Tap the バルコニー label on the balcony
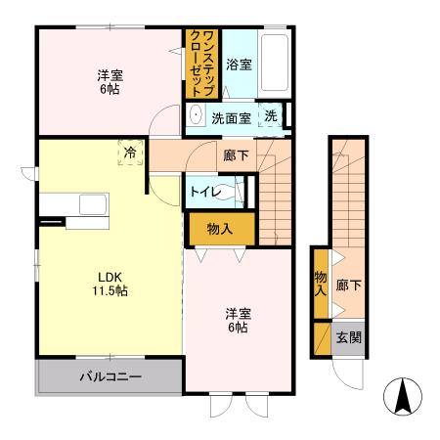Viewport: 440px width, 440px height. coord(110,376)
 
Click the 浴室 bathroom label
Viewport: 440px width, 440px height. coord(239,66)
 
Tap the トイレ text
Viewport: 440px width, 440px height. coord(204,192)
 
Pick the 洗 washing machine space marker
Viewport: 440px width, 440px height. coord(271,115)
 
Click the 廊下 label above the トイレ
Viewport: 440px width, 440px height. coord(235,154)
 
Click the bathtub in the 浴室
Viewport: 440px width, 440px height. coord(276,62)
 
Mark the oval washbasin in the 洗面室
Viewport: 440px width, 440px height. coord(195,115)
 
